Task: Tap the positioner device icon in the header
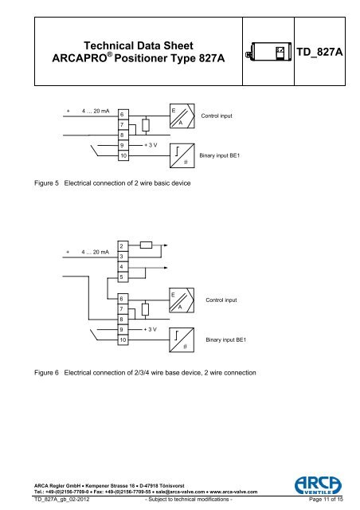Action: tap(270, 52)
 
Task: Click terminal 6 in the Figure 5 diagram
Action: tap(122, 115)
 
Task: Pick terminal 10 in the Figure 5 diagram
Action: tap(122, 156)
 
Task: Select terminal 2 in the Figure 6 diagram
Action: tap(122, 244)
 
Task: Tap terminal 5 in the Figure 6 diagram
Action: tap(122, 277)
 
